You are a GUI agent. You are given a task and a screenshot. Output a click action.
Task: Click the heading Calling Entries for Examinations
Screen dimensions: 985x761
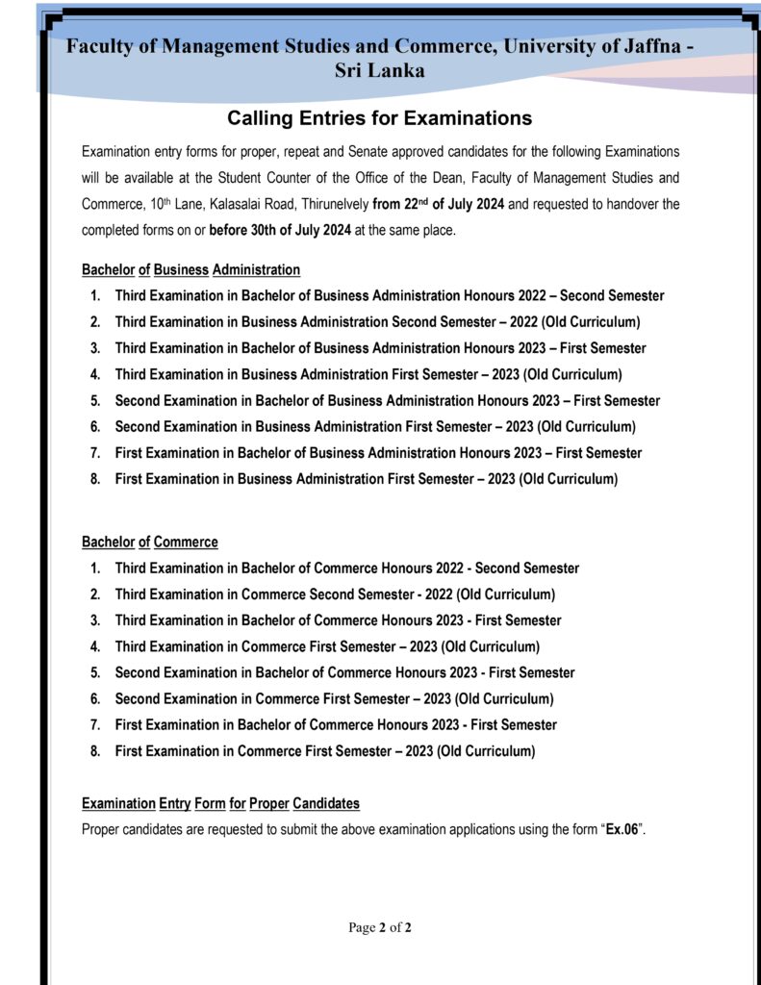coord(379,118)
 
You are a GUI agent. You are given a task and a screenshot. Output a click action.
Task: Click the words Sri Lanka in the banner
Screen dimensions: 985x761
coord(379,70)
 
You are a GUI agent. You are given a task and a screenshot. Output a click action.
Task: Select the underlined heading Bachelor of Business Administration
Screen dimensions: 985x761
coord(190,269)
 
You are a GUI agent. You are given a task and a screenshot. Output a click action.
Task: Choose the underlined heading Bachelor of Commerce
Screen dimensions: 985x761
coord(149,542)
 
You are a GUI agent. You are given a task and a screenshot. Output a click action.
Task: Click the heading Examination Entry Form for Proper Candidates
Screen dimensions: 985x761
coord(220,803)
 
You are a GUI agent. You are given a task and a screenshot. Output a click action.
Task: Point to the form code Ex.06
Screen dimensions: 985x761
coord(622,829)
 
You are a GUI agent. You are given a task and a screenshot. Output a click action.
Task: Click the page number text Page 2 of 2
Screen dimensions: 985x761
coord(380,927)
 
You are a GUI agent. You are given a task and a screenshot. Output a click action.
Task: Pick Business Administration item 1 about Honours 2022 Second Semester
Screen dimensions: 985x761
coord(389,296)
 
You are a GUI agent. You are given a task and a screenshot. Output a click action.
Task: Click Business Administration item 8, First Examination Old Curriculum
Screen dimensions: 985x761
coord(366,479)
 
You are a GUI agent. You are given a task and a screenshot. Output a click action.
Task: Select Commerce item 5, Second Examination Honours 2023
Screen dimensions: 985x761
coord(344,672)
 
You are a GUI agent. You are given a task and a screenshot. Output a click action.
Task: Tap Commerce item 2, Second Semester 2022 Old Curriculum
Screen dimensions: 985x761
coord(335,594)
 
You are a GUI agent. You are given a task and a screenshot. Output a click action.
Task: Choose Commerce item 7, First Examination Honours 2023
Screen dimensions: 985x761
coord(336,724)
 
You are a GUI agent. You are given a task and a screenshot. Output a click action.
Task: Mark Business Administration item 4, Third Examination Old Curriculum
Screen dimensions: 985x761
coord(368,374)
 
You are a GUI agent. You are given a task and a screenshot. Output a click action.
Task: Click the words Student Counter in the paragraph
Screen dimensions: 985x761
coord(271,178)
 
